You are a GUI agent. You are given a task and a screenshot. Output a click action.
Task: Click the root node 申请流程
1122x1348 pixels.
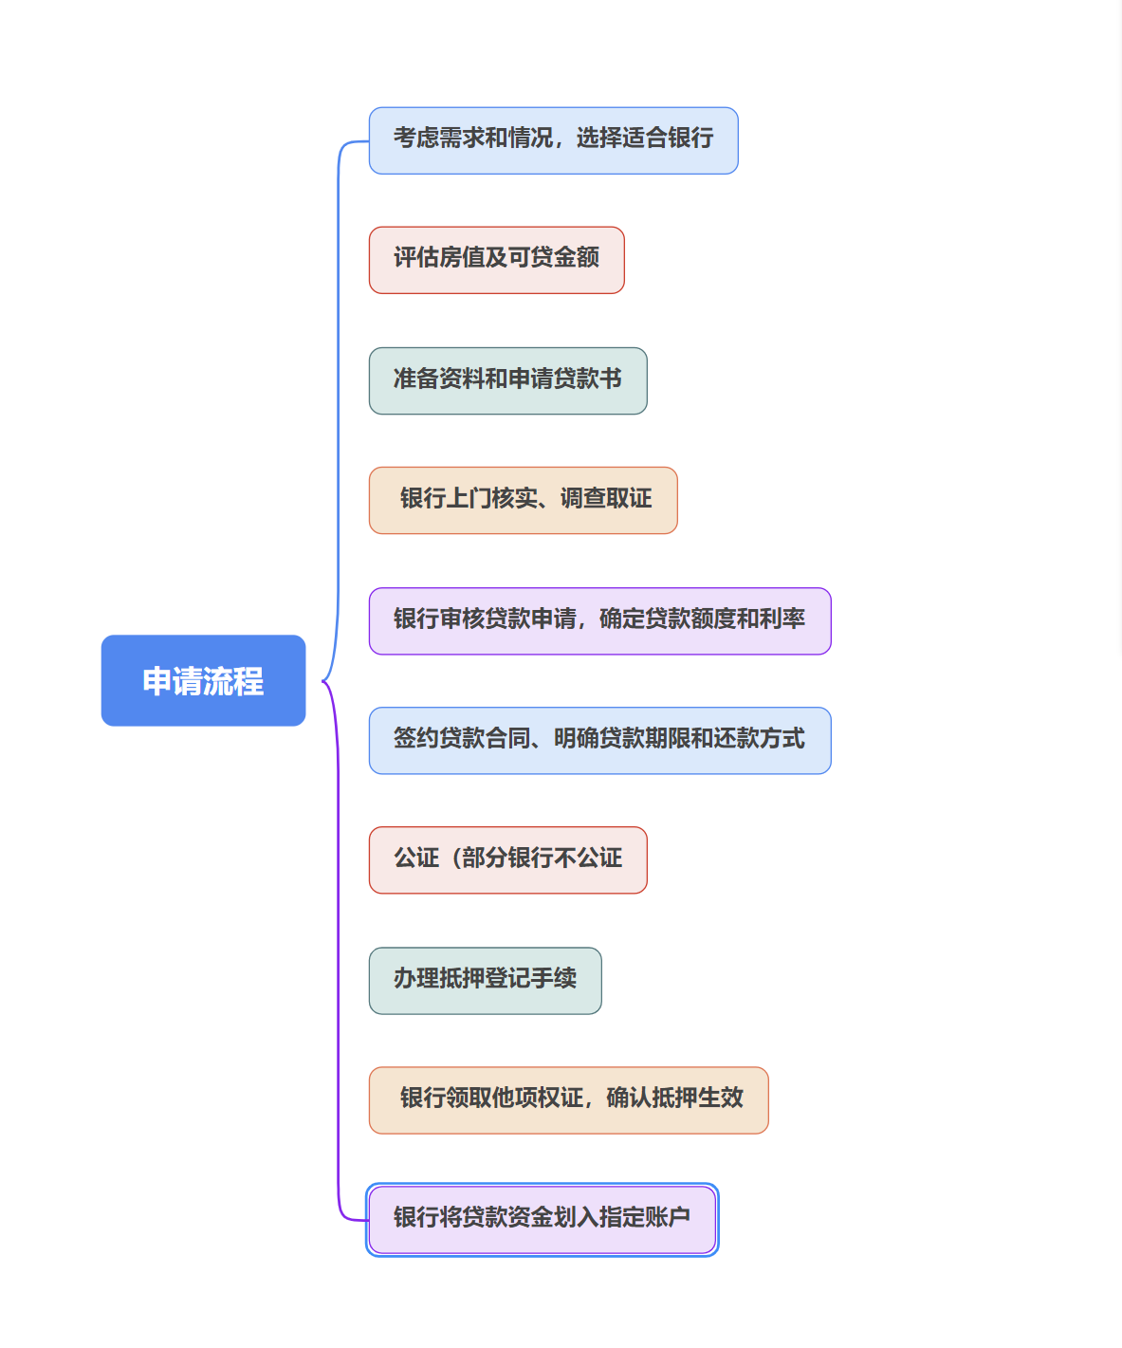(203, 680)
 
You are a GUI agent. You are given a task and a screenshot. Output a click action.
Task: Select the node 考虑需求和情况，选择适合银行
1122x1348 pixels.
(553, 140)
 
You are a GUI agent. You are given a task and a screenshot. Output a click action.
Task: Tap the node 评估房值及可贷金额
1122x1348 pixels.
(496, 260)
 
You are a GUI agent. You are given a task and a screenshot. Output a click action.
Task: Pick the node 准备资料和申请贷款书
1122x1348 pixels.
(507, 380)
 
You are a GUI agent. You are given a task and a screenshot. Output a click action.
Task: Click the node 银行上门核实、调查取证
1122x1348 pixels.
(523, 500)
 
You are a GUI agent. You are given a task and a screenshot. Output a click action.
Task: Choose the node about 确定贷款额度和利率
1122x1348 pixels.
(599, 620)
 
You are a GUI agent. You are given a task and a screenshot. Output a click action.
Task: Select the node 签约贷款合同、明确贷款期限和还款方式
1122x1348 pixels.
(599, 740)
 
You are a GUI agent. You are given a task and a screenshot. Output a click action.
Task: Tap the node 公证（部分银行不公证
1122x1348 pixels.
(507, 859)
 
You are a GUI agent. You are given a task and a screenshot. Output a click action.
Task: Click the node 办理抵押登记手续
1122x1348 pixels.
(485, 980)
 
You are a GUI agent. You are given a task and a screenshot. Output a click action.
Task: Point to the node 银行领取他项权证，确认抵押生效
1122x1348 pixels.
(568, 1099)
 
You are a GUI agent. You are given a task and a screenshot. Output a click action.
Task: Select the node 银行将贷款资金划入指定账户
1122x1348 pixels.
(542, 1219)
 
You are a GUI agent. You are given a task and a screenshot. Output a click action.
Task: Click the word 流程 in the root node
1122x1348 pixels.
(233, 681)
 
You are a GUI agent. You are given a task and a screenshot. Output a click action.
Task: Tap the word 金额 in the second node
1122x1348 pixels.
(577, 258)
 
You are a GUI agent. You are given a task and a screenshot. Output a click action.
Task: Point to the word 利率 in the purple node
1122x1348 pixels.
(782, 619)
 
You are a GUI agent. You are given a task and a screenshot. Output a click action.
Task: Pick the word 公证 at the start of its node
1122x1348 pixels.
(416, 859)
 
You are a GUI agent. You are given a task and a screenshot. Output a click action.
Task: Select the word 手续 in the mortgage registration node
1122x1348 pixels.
(554, 979)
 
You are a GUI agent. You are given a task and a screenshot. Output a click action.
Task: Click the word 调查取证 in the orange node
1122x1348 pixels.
(606, 499)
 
